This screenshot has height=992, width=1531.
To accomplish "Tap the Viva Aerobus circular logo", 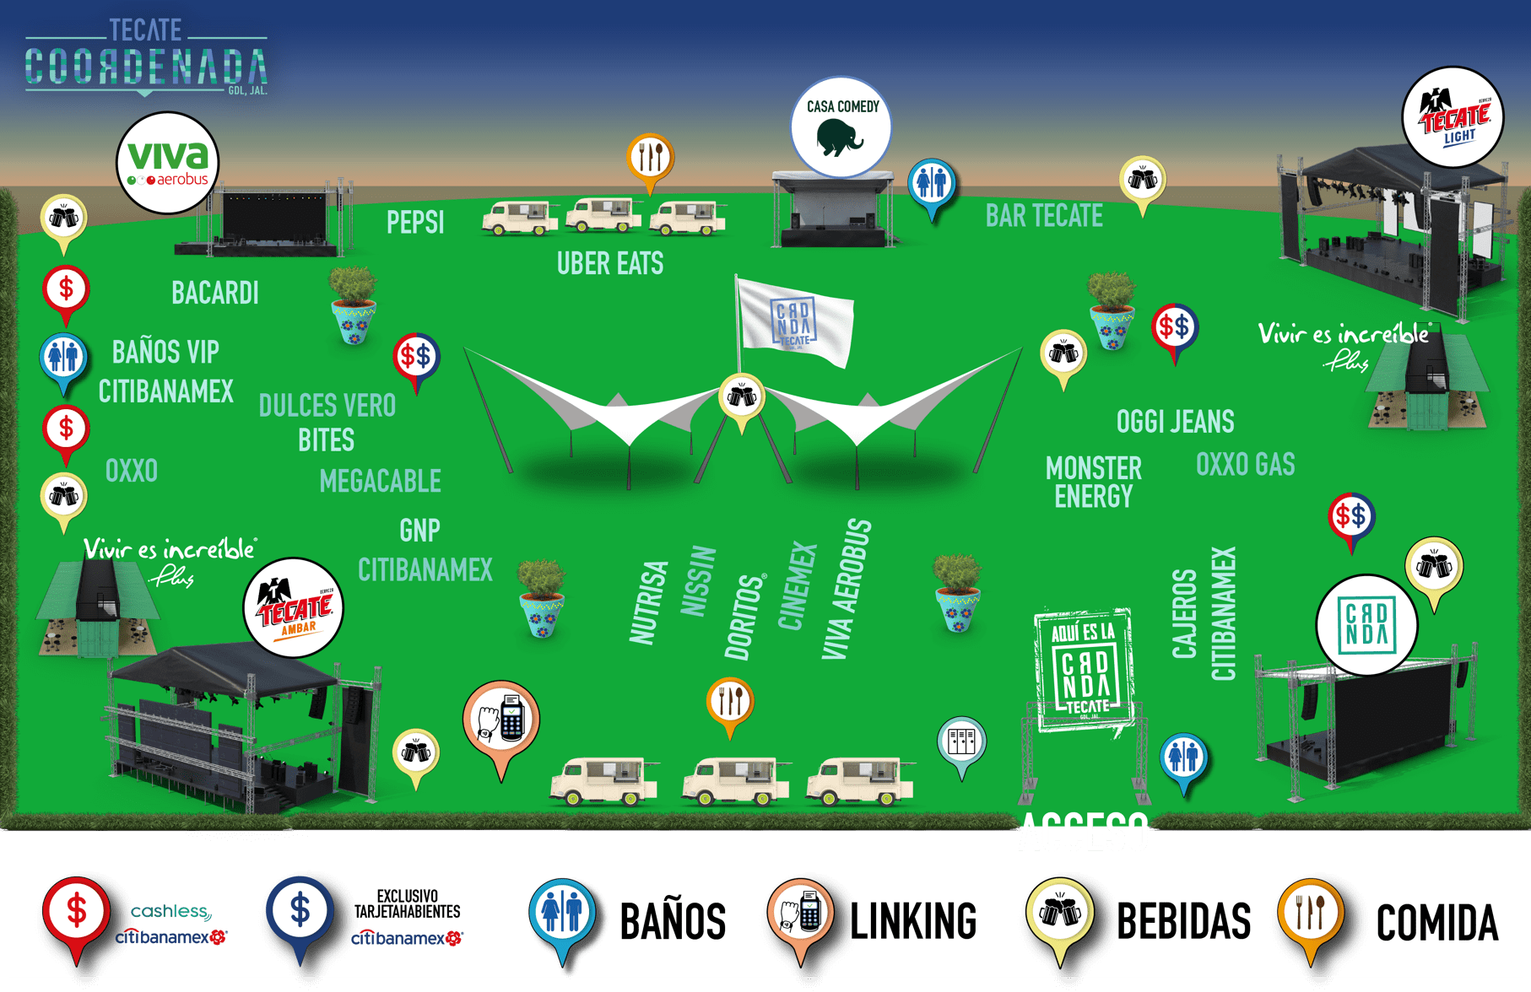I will click(167, 163).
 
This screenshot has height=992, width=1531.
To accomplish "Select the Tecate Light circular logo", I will click(1453, 118).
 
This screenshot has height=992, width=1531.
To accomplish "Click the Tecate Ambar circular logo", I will click(293, 608).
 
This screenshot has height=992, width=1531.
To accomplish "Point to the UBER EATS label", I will click(609, 264).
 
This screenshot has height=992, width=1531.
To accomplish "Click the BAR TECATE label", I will click(1044, 217).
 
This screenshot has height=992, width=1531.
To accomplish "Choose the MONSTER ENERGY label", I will click(1093, 483).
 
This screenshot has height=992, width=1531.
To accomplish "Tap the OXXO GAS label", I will click(1245, 465).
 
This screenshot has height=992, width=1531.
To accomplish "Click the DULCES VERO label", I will click(327, 406).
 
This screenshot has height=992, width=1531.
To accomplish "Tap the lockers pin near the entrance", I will click(961, 741).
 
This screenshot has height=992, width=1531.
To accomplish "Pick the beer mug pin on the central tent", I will click(741, 396).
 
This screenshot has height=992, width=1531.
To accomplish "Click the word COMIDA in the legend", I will click(1436, 923).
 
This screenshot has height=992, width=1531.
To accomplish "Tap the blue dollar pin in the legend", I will click(300, 912).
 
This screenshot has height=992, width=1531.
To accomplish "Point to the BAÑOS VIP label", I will click(165, 352).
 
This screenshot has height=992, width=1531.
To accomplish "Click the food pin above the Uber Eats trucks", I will click(650, 157).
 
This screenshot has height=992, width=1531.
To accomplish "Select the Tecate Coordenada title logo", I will click(146, 58).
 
